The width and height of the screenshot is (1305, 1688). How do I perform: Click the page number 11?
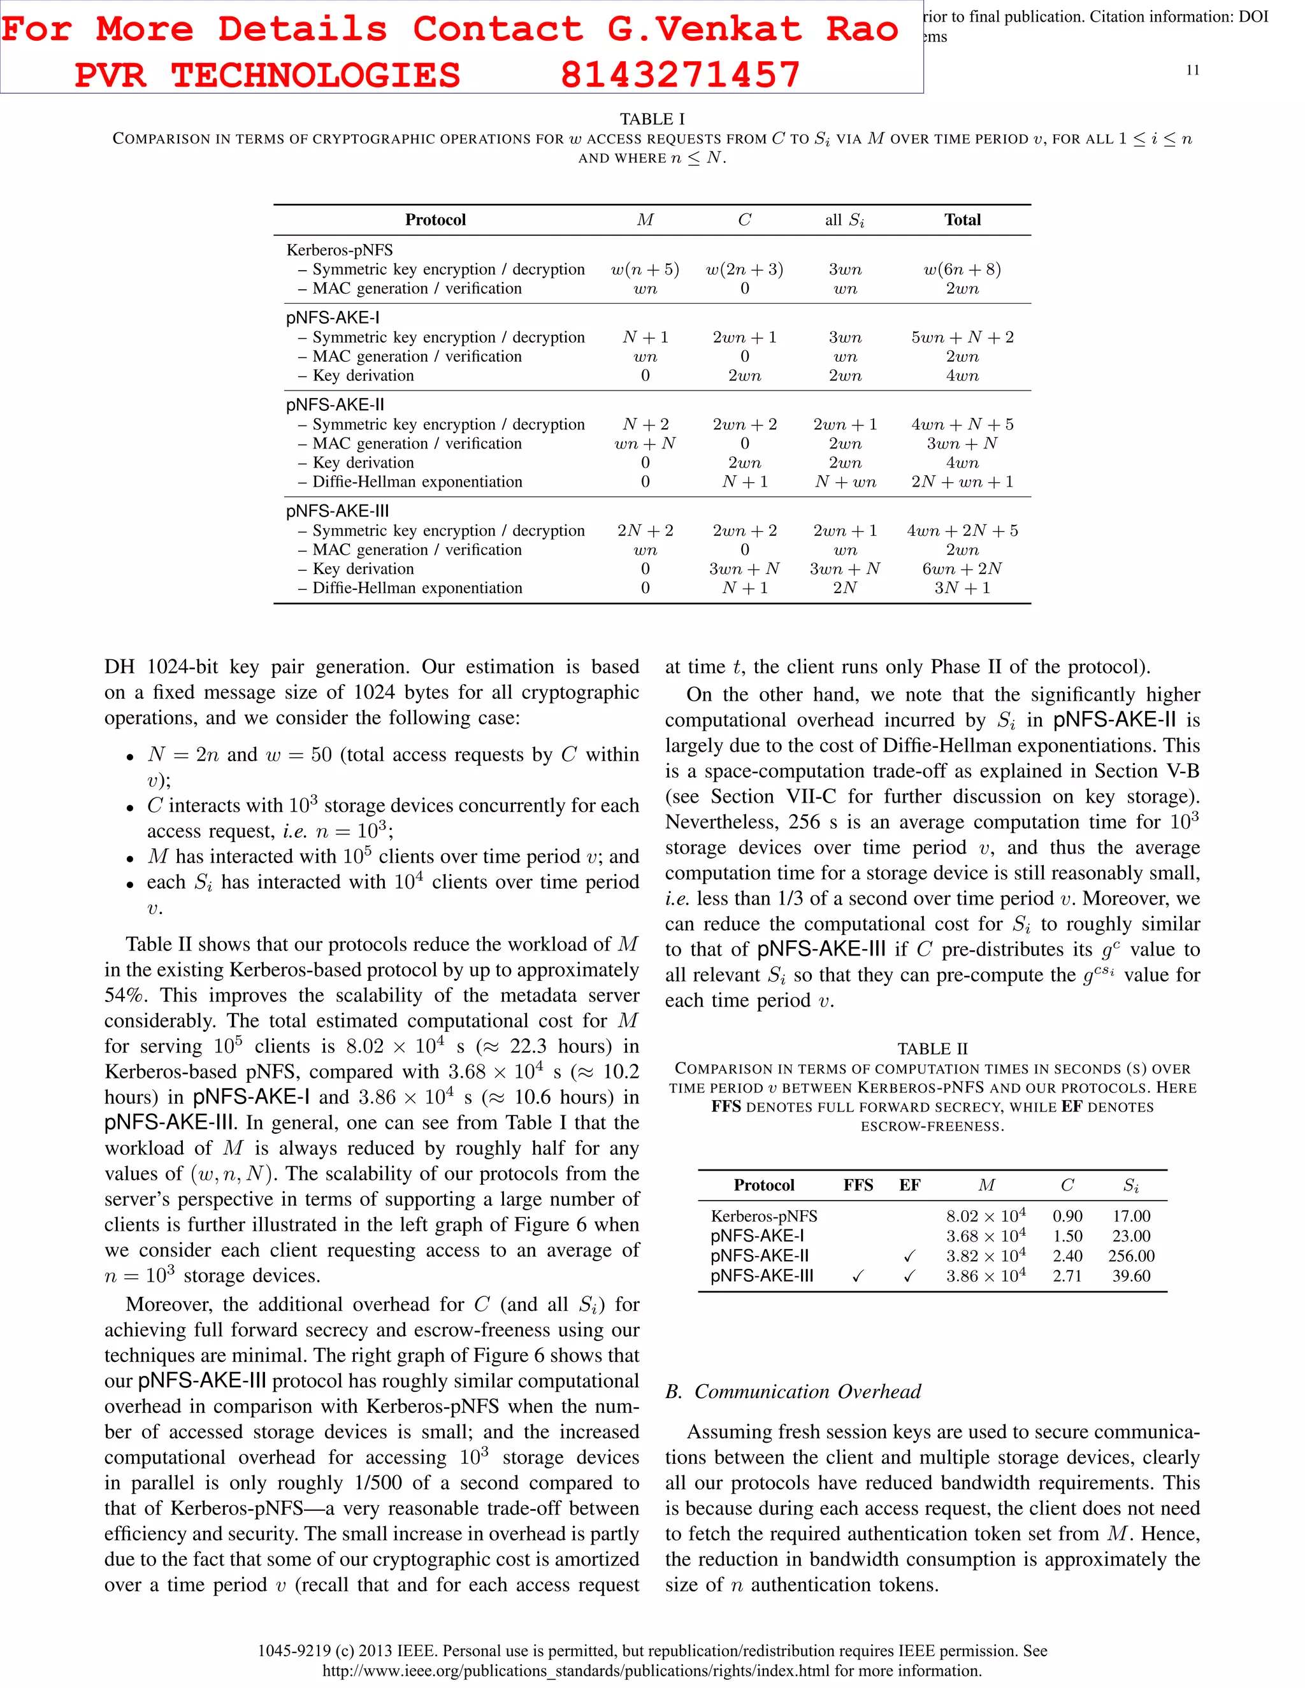[x=1192, y=70]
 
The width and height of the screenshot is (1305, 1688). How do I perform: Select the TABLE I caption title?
[x=652, y=119]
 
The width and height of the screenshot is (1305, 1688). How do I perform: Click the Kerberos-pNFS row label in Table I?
[x=340, y=250]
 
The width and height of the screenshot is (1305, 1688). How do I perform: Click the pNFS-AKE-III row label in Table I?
[x=337, y=511]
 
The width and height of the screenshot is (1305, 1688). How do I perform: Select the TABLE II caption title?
[x=932, y=1049]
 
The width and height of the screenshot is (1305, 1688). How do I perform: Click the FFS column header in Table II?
[x=858, y=1185]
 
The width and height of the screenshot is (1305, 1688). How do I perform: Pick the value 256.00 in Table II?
[x=1130, y=1256]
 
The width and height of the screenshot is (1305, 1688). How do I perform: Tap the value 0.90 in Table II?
[x=1067, y=1216]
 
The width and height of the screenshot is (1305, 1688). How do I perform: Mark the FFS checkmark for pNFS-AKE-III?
[x=858, y=1277]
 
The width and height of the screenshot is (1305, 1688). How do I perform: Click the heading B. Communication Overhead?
[x=793, y=1391]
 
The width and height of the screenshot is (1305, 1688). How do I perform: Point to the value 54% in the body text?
[x=124, y=996]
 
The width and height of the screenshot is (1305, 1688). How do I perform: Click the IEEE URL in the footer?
[x=652, y=1670]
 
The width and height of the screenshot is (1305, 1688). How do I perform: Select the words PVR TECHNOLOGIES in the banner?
[x=267, y=75]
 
